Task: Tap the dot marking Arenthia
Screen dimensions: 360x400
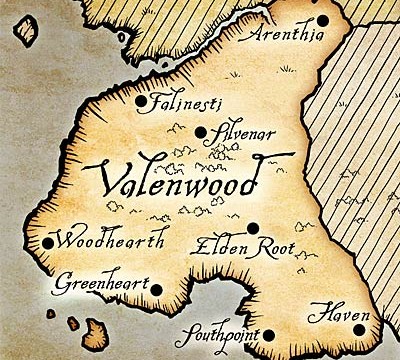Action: pos(323,20)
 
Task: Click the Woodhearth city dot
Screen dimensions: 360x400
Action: pos(48,243)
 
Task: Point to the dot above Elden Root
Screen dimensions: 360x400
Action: pos(254,228)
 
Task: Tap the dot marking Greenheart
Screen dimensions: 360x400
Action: pos(156,289)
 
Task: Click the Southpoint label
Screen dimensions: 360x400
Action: pos(222,335)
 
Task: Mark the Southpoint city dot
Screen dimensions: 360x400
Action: pos(268,334)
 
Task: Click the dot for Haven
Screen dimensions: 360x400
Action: pos(360,318)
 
